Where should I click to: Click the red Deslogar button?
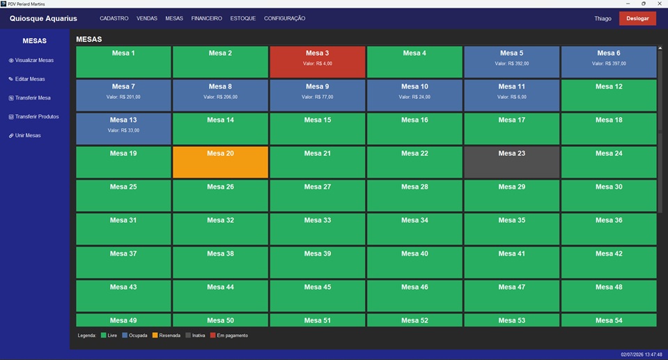[x=637, y=18]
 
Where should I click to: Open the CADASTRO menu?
[x=114, y=18]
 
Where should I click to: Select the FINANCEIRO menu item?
[x=207, y=18]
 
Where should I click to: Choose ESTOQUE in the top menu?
[x=243, y=18]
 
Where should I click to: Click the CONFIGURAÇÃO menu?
[x=285, y=18]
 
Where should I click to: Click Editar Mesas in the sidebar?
[x=27, y=79]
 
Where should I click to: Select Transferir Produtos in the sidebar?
[x=33, y=116]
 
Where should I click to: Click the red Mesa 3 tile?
[x=318, y=62]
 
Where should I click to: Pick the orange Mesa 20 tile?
[x=220, y=162]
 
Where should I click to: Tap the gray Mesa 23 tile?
[x=512, y=162]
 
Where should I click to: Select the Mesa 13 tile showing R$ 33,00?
[x=123, y=129]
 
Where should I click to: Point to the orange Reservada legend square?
[x=155, y=336]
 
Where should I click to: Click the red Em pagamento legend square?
[x=213, y=336]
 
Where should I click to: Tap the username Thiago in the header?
[x=603, y=18]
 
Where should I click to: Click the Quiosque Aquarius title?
[x=43, y=18]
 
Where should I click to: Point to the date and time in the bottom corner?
[x=641, y=354]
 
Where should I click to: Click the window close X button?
[x=660, y=3]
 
